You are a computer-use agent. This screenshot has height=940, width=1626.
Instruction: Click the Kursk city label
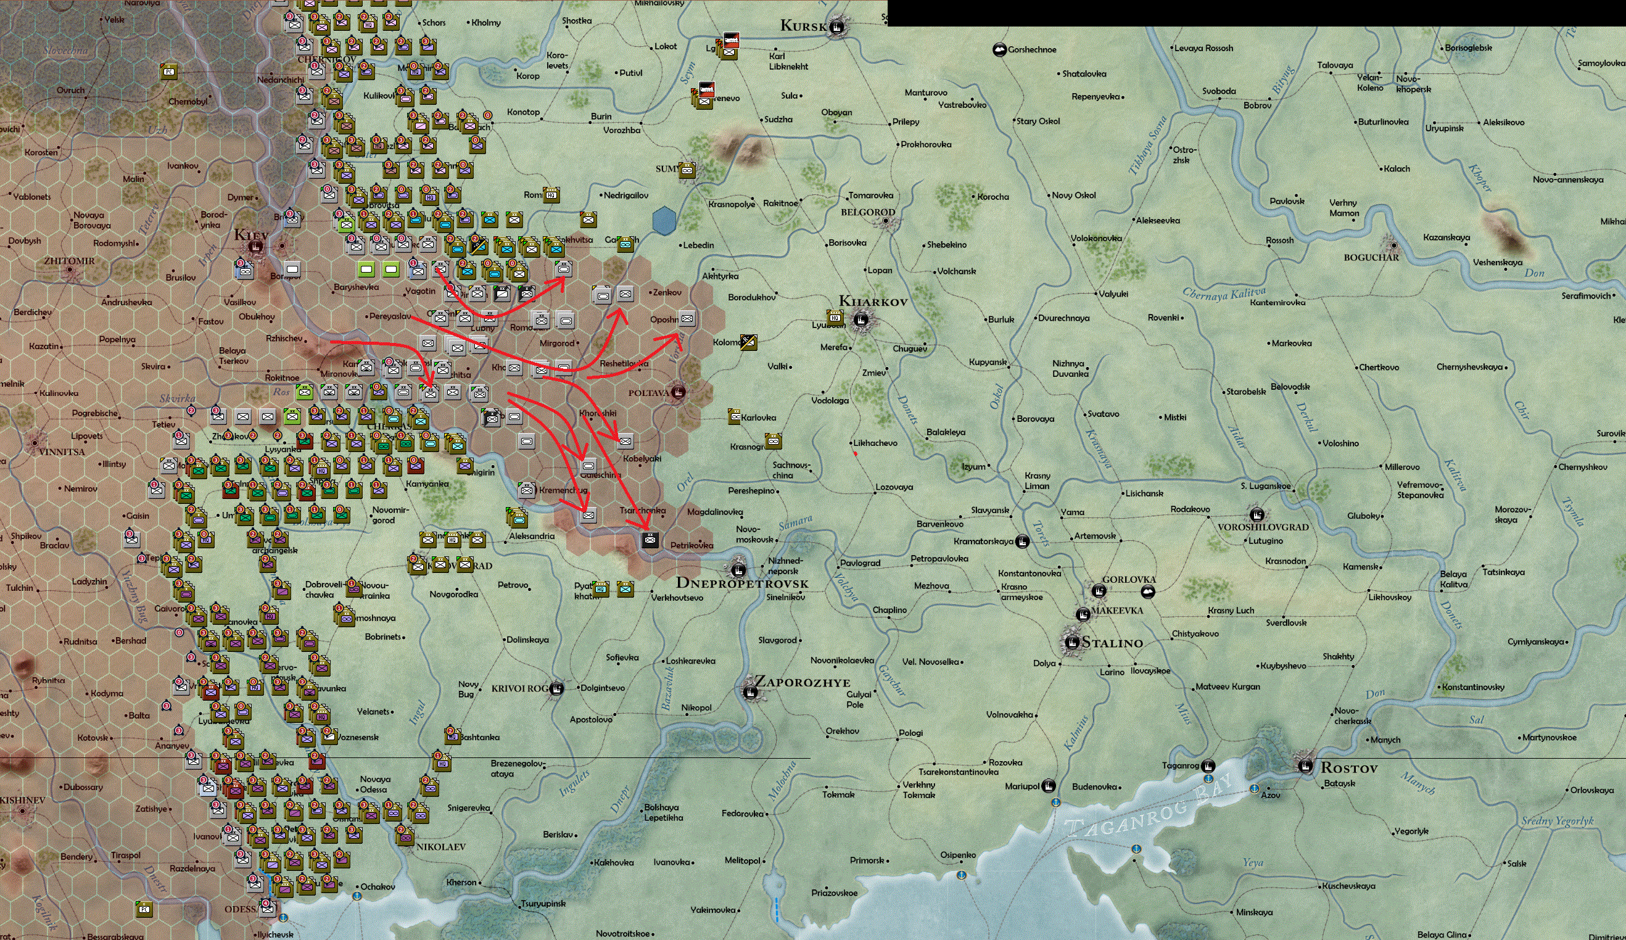(x=803, y=26)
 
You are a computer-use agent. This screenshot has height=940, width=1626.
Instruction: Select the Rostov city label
(x=1348, y=768)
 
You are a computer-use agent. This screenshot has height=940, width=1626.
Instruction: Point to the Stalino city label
(x=1112, y=643)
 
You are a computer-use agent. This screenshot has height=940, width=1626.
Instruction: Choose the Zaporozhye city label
(x=802, y=683)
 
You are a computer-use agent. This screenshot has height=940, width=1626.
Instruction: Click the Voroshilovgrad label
(x=1263, y=527)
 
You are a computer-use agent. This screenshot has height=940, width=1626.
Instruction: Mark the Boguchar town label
(x=1371, y=257)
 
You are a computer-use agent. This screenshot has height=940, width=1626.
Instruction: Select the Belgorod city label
(x=867, y=212)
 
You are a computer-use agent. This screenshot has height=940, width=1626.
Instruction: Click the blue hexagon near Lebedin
(x=664, y=221)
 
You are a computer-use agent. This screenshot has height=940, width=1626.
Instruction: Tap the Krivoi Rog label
(x=519, y=688)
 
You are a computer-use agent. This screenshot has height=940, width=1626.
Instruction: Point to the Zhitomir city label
(x=69, y=261)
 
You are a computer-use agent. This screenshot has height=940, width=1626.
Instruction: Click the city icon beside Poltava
(x=677, y=392)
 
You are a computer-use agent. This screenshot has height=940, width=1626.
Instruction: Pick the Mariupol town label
(x=1022, y=786)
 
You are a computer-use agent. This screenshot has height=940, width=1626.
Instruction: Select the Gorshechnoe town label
(x=1032, y=50)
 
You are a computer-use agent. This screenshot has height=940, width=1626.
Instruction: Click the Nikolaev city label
(x=440, y=846)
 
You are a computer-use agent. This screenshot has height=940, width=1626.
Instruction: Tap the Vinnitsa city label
(x=62, y=451)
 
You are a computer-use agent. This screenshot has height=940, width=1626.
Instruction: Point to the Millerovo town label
(x=1401, y=466)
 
